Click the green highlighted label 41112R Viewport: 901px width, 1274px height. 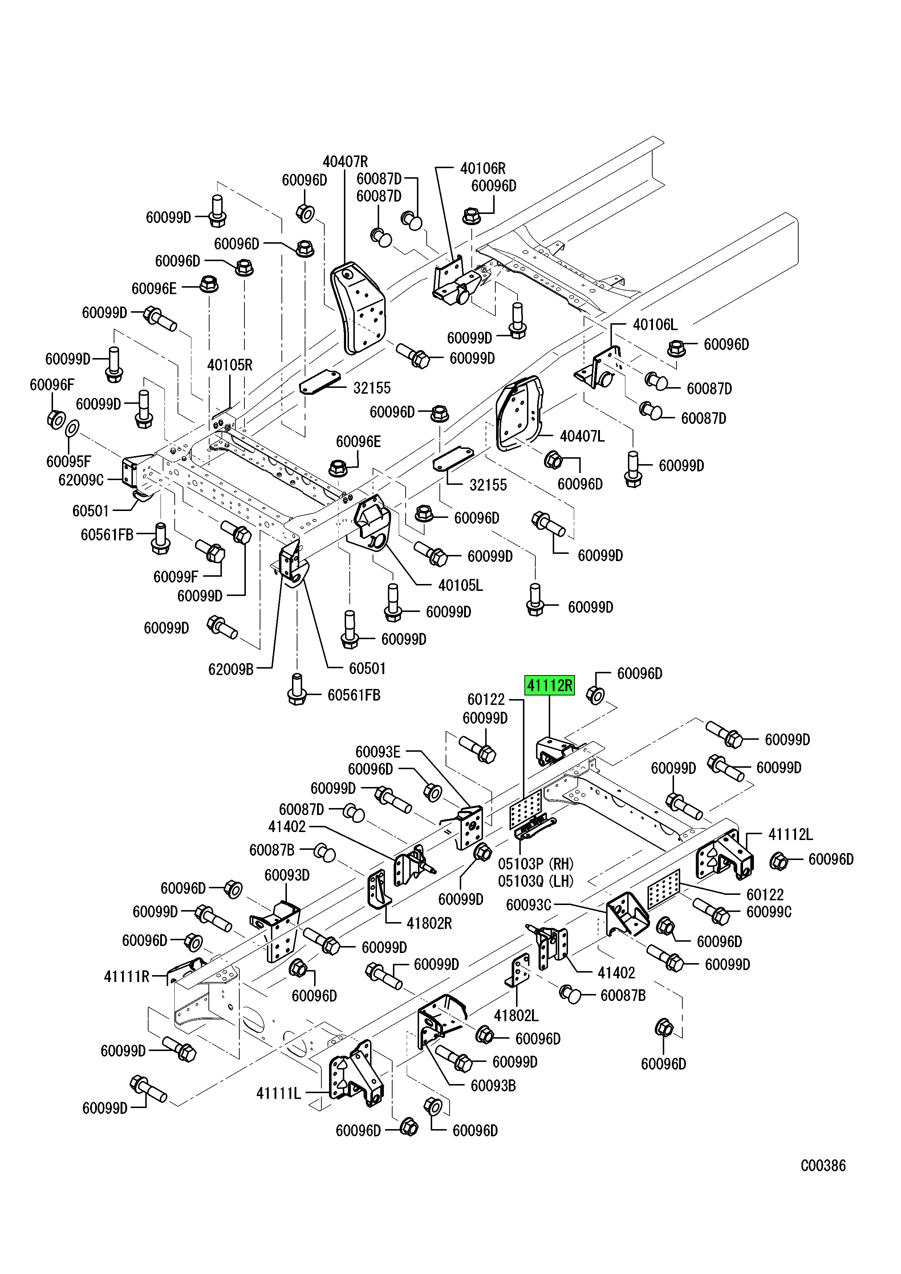pos(549,686)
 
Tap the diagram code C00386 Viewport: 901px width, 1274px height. pos(823,1165)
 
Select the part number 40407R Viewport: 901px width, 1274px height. pos(345,162)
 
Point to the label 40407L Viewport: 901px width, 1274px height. pos(582,436)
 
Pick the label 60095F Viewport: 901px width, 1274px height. pos(69,461)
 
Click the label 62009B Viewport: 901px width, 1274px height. pos(231,669)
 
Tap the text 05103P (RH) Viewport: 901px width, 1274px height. pos(535,864)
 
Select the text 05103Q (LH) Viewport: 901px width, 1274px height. pos(535,881)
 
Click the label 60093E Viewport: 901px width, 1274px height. pos(378,752)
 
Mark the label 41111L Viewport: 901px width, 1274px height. pos(279,1094)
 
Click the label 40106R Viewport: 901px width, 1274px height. pos(483,168)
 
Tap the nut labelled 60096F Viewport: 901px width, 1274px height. pos(56,420)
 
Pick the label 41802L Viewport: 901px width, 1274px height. pos(516,1015)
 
